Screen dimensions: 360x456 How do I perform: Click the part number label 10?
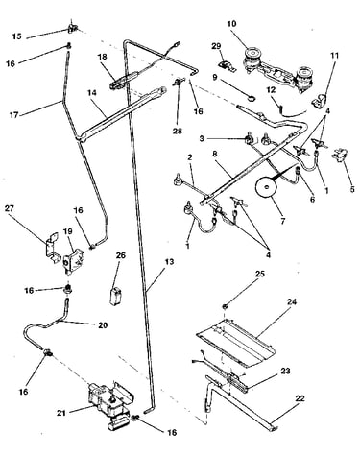(231, 24)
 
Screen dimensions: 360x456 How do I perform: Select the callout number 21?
(61, 413)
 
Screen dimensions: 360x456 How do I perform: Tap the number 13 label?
(169, 262)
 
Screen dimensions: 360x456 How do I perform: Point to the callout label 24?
(292, 301)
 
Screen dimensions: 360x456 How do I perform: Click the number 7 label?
(282, 221)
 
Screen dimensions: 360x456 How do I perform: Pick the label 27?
(10, 208)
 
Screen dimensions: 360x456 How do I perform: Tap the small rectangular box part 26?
(115, 297)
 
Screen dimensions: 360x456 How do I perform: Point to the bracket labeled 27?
(53, 244)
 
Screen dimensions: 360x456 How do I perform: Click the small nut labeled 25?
(226, 306)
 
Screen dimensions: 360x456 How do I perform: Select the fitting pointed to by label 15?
(73, 28)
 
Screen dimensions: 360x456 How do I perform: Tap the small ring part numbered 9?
(252, 99)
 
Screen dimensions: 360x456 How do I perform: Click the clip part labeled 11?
(320, 101)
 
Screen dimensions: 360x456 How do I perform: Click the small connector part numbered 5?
(340, 156)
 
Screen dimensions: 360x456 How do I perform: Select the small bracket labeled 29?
(227, 65)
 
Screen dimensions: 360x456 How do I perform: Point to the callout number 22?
(300, 398)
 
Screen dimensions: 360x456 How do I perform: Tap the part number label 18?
(102, 57)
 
